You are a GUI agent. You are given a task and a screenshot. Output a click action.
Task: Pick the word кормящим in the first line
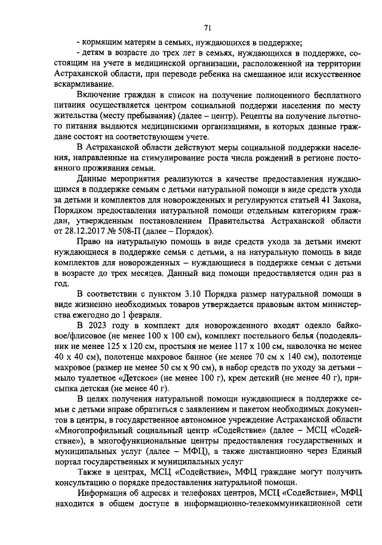pyautogui.click(x=101, y=42)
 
